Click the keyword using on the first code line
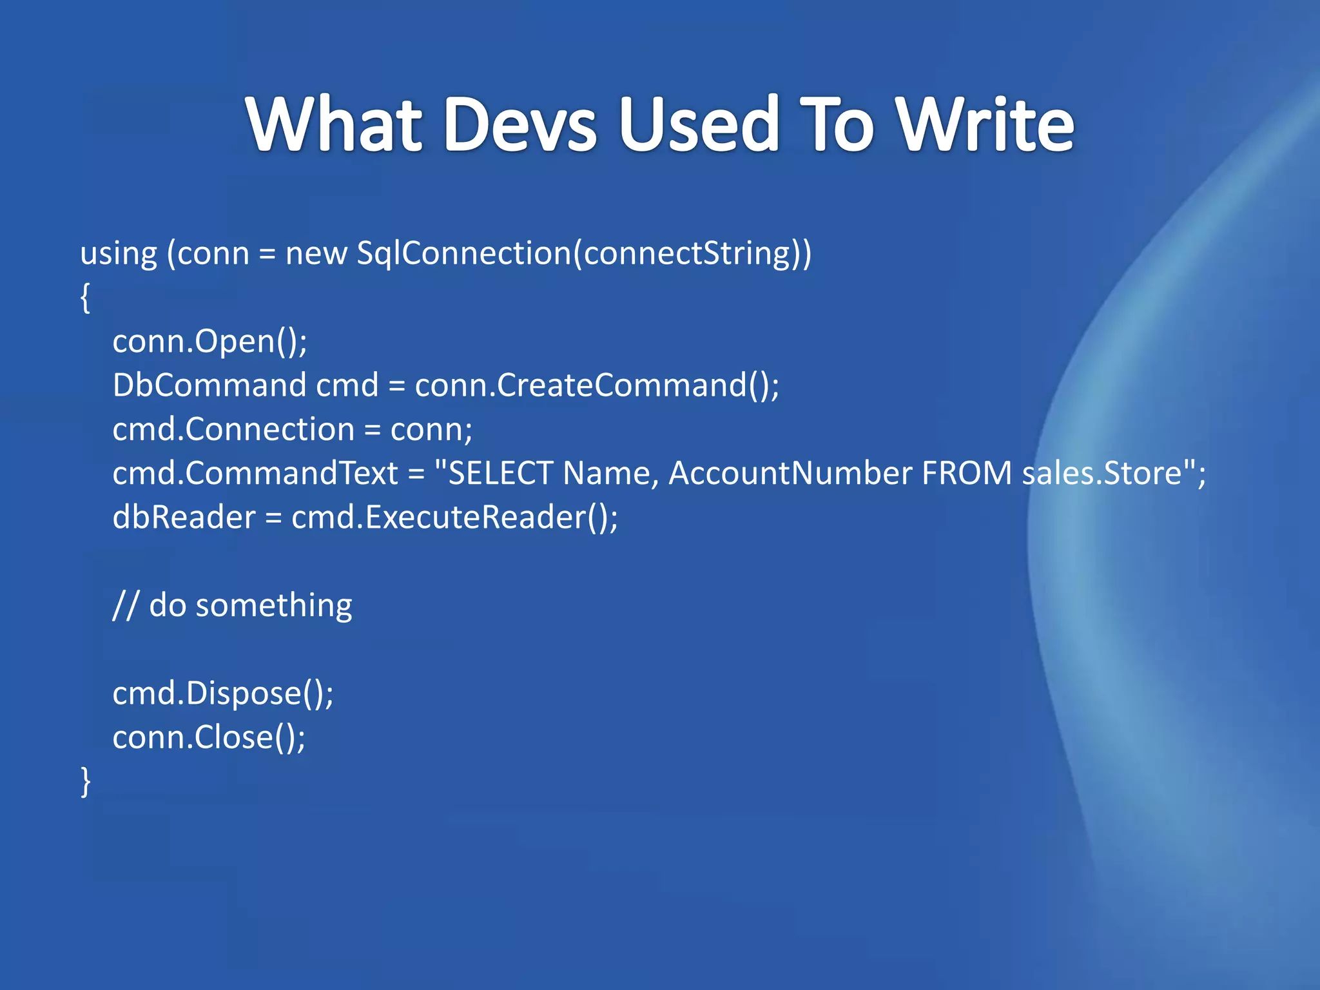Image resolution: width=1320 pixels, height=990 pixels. pos(119,254)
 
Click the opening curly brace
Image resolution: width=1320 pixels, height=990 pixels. pos(85,298)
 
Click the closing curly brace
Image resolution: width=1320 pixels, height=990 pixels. pos(85,781)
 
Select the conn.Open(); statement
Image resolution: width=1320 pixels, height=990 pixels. pos(209,342)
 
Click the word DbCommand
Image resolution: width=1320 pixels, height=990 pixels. pos(209,385)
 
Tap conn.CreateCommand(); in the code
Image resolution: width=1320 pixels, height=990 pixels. pos(597,385)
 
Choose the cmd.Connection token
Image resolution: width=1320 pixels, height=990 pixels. pos(233,429)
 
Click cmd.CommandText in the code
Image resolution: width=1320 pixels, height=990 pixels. pos(255,474)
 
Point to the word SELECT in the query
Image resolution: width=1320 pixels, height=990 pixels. pos(500,474)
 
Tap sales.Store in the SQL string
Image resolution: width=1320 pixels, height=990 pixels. pos(1102,474)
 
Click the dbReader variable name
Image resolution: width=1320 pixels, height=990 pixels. pos(184,518)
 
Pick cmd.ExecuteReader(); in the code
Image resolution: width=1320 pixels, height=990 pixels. pos(454,518)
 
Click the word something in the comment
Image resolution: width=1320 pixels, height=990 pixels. pos(273,606)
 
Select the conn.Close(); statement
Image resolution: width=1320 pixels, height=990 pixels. pos(209,737)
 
